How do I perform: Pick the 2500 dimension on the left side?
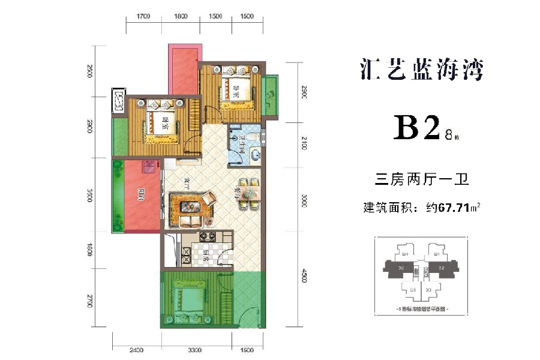(x=89, y=71)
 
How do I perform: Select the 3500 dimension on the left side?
(x=89, y=196)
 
